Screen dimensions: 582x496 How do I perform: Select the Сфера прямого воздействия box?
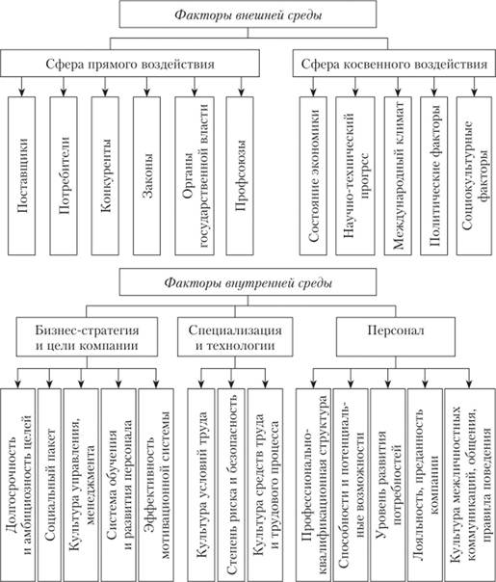135,65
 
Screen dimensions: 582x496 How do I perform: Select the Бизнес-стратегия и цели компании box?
90,338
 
